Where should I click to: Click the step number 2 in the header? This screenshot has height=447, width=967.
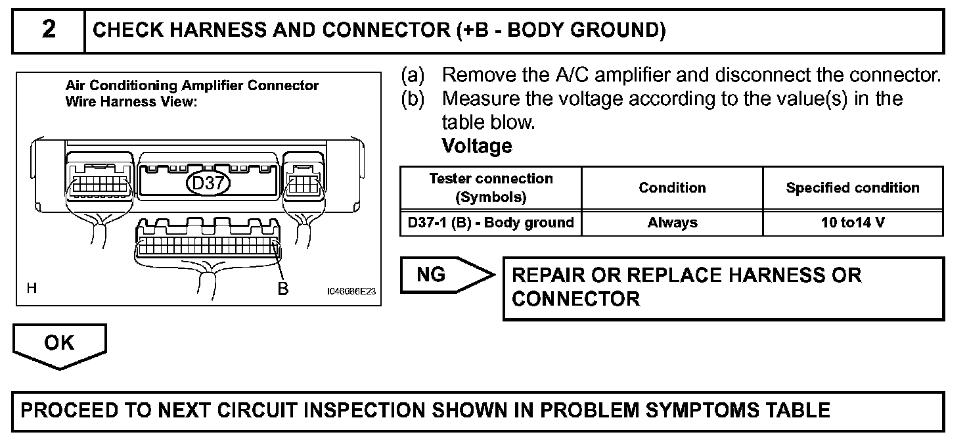click(x=49, y=30)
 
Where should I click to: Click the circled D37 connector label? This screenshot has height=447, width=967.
click(x=208, y=183)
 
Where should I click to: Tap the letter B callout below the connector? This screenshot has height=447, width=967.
click(x=282, y=289)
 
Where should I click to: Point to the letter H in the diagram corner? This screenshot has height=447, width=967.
click(x=32, y=288)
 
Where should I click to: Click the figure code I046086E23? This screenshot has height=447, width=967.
click(x=351, y=291)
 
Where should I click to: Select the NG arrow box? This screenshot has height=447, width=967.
click(x=447, y=275)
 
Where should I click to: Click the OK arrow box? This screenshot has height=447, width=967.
click(x=60, y=346)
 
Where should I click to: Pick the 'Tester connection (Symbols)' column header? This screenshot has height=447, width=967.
click(x=491, y=188)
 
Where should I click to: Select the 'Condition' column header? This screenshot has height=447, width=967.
click(x=672, y=188)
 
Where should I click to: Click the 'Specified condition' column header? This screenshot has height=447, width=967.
click(x=853, y=188)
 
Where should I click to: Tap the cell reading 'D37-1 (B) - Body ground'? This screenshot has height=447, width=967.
click(x=491, y=223)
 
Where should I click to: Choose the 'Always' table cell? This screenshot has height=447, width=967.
click(x=672, y=223)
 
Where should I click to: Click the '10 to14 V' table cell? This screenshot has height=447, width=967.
click(x=853, y=223)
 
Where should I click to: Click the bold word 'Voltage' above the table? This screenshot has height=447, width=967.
click(x=477, y=146)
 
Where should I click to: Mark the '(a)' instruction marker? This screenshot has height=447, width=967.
click(x=413, y=76)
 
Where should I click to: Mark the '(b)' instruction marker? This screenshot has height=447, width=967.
click(x=413, y=99)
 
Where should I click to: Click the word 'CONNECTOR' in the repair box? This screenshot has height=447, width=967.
click(x=576, y=299)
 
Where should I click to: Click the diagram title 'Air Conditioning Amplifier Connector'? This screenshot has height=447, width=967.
click(x=192, y=85)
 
